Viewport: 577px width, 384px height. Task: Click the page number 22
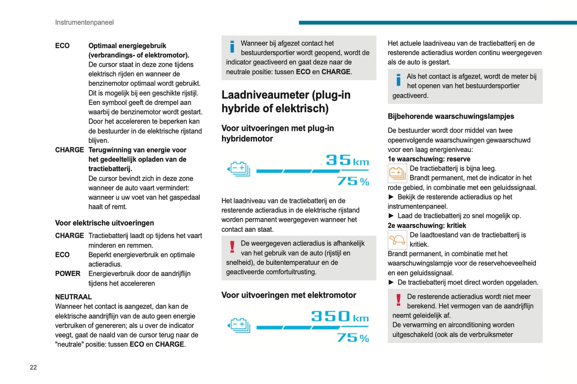tap(33, 367)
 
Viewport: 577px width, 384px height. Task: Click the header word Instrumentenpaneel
tap(84, 22)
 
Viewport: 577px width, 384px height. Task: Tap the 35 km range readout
tap(347, 160)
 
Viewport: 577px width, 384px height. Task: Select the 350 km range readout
tap(340, 317)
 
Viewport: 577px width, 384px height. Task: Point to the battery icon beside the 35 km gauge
tap(239, 169)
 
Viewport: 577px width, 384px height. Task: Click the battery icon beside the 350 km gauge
tap(239, 325)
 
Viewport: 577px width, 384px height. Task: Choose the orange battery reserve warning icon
tap(397, 173)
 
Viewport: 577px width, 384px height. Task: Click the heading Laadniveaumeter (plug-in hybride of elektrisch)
tap(286, 101)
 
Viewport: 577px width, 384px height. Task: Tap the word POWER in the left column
tap(67, 274)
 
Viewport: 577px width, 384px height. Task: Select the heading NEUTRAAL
tap(73, 297)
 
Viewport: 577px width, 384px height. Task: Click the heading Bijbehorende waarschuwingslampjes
tap(451, 116)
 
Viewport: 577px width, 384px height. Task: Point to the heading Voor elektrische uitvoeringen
tap(104, 223)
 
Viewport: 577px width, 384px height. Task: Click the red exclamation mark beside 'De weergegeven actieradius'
tap(232, 247)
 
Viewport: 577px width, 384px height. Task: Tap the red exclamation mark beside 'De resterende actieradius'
tap(398, 300)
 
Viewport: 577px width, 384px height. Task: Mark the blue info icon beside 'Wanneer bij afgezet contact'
tap(232, 47)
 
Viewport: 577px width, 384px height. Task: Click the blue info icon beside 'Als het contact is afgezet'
tap(398, 80)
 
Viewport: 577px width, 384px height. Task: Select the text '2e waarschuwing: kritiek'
tap(427, 225)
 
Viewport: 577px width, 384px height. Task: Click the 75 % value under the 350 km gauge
tap(353, 338)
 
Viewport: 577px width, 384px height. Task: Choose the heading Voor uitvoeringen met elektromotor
tap(289, 295)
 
